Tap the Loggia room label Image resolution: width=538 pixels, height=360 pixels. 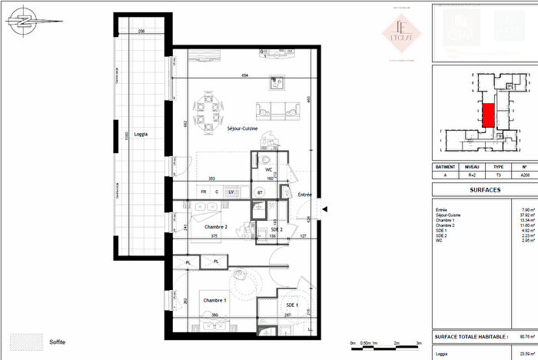[x=139, y=134]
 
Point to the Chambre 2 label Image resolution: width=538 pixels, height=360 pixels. [x=215, y=227]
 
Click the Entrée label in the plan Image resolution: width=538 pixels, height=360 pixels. [x=304, y=195]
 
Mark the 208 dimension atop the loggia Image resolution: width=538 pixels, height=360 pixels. [x=141, y=32]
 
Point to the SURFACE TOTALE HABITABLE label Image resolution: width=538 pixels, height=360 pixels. [x=470, y=337]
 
